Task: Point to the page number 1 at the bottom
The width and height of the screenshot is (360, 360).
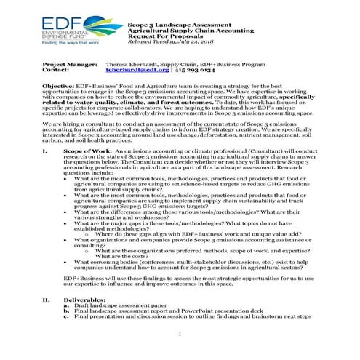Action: [x=180, y=334]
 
